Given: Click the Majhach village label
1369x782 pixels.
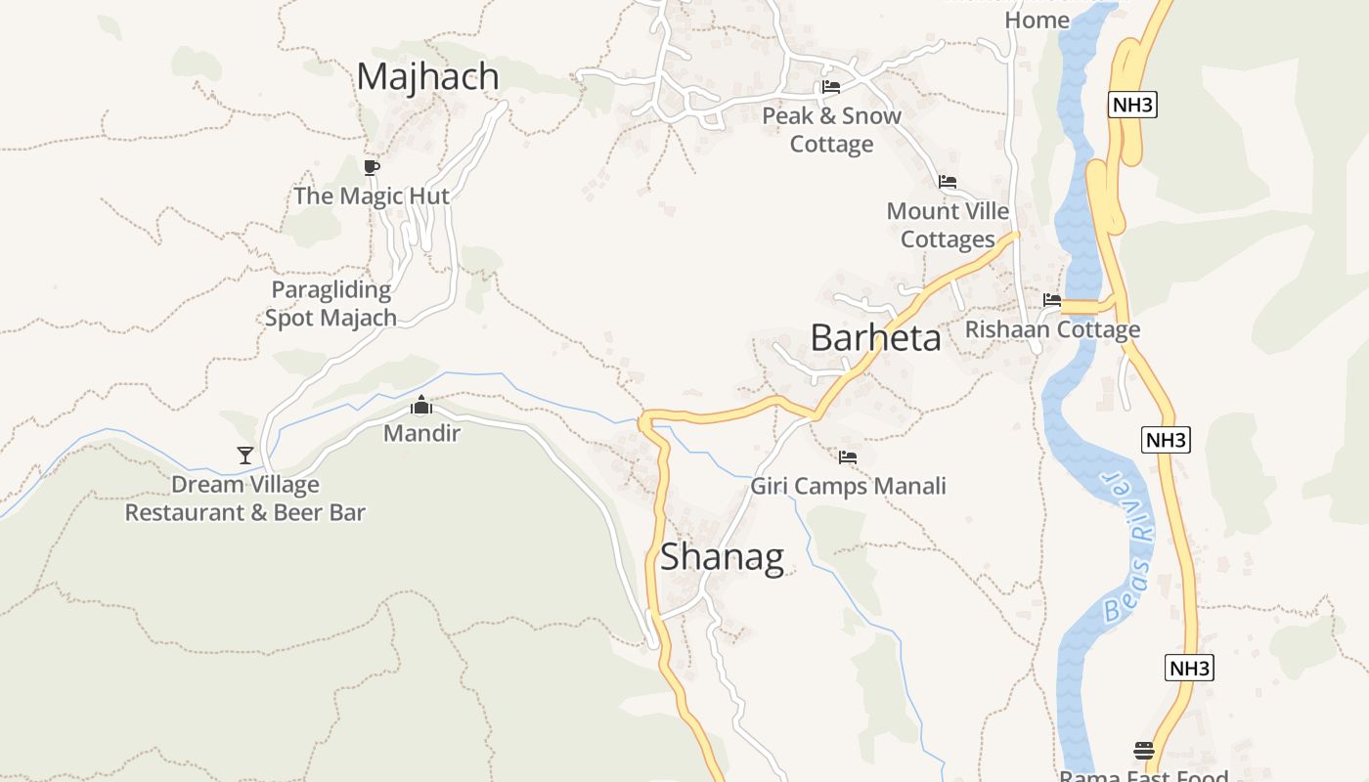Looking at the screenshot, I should click(x=427, y=76).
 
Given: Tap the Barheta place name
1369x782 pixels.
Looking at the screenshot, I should click(x=875, y=338).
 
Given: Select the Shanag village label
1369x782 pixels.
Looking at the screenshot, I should click(x=722, y=557).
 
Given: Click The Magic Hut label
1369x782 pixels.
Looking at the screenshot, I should click(x=372, y=195).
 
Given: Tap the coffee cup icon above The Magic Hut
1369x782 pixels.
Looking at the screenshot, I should click(x=371, y=167).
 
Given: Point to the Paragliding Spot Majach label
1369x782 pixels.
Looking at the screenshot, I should click(x=331, y=303).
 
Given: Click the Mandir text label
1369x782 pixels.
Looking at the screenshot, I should click(x=421, y=432).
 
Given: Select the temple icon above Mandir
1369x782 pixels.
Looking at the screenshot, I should click(x=421, y=405).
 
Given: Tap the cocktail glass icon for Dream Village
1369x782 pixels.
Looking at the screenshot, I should click(x=245, y=456).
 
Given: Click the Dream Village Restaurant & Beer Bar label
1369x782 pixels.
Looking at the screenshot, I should click(x=245, y=499).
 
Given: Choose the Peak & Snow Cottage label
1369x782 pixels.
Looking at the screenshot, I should click(x=831, y=129).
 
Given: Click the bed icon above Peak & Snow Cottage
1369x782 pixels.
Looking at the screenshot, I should click(x=831, y=87).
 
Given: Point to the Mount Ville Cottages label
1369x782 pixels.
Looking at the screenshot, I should click(x=948, y=225).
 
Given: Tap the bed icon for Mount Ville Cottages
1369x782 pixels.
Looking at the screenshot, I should click(x=947, y=182).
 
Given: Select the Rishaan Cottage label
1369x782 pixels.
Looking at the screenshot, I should click(x=1052, y=329).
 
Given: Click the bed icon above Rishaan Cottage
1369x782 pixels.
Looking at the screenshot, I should click(x=1052, y=300).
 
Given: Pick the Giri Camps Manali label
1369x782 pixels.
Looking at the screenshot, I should click(x=848, y=486).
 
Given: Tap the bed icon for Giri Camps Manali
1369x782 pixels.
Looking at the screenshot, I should click(x=848, y=456).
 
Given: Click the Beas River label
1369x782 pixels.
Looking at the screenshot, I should click(x=1126, y=547).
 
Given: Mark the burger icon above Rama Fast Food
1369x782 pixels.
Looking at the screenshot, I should click(x=1144, y=751).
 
